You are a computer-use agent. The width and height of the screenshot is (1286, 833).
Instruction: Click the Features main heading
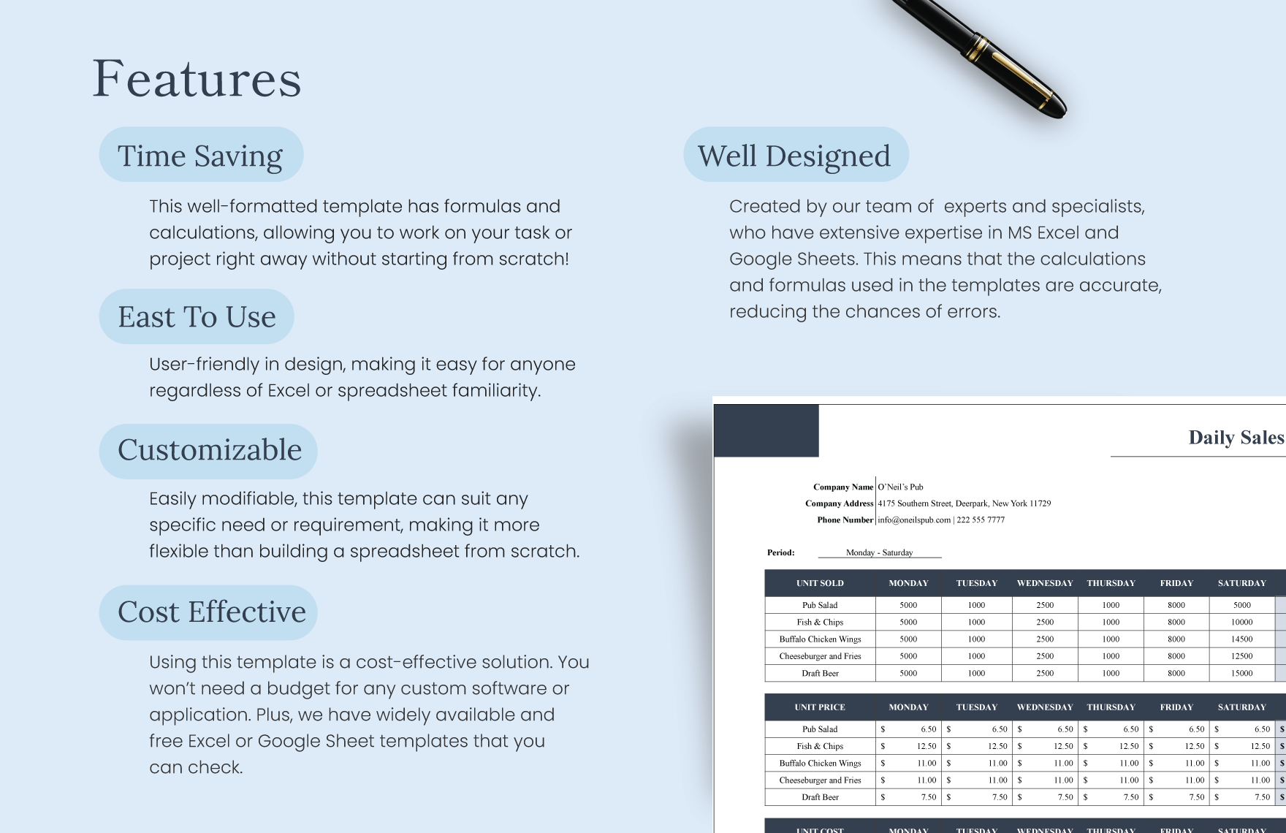click(197, 79)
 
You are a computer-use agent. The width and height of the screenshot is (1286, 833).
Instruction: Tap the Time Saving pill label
click(200, 156)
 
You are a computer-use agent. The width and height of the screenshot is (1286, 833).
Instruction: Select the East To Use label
click(197, 317)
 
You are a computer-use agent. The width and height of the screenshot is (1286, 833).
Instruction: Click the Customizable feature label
click(210, 450)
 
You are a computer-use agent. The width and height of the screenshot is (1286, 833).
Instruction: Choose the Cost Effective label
click(211, 612)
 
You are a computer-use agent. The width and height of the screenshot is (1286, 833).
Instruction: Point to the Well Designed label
click(794, 156)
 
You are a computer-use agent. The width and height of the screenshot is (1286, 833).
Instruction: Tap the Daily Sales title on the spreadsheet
click(1236, 437)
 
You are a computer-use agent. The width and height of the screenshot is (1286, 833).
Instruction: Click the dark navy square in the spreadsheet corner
click(766, 431)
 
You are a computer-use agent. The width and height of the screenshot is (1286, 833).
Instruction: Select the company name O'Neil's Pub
click(900, 487)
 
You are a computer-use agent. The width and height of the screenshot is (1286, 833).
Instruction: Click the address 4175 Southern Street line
click(964, 503)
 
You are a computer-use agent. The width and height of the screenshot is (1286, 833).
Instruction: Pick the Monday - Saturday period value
click(879, 552)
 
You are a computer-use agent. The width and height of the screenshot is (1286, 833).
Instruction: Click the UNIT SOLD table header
click(820, 583)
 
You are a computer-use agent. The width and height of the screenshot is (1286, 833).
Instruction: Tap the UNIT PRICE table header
click(820, 707)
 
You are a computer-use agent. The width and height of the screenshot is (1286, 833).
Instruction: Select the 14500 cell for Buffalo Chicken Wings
click(1241, 639)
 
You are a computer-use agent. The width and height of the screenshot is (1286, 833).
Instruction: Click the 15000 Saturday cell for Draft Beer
click(1241, 673)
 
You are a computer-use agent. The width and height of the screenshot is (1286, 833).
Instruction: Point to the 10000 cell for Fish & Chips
click(1241, 622)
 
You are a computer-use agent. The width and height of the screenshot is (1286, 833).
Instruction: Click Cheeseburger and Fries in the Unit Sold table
click(820, 656)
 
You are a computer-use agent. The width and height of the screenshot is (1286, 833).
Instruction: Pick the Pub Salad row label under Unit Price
click(820, 729)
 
